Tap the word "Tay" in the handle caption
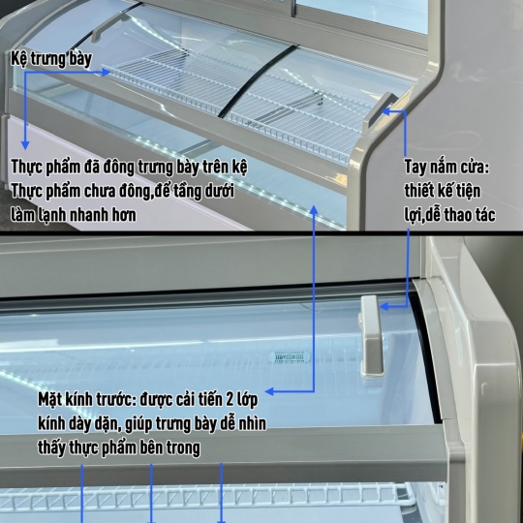coord(418,166)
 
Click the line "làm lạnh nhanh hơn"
coord(74,214)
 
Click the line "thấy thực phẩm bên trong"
coord(119,447)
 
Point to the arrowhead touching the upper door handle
coord(389,110)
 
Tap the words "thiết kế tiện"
coord(443,190)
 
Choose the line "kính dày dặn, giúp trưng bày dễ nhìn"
coord(150,424)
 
